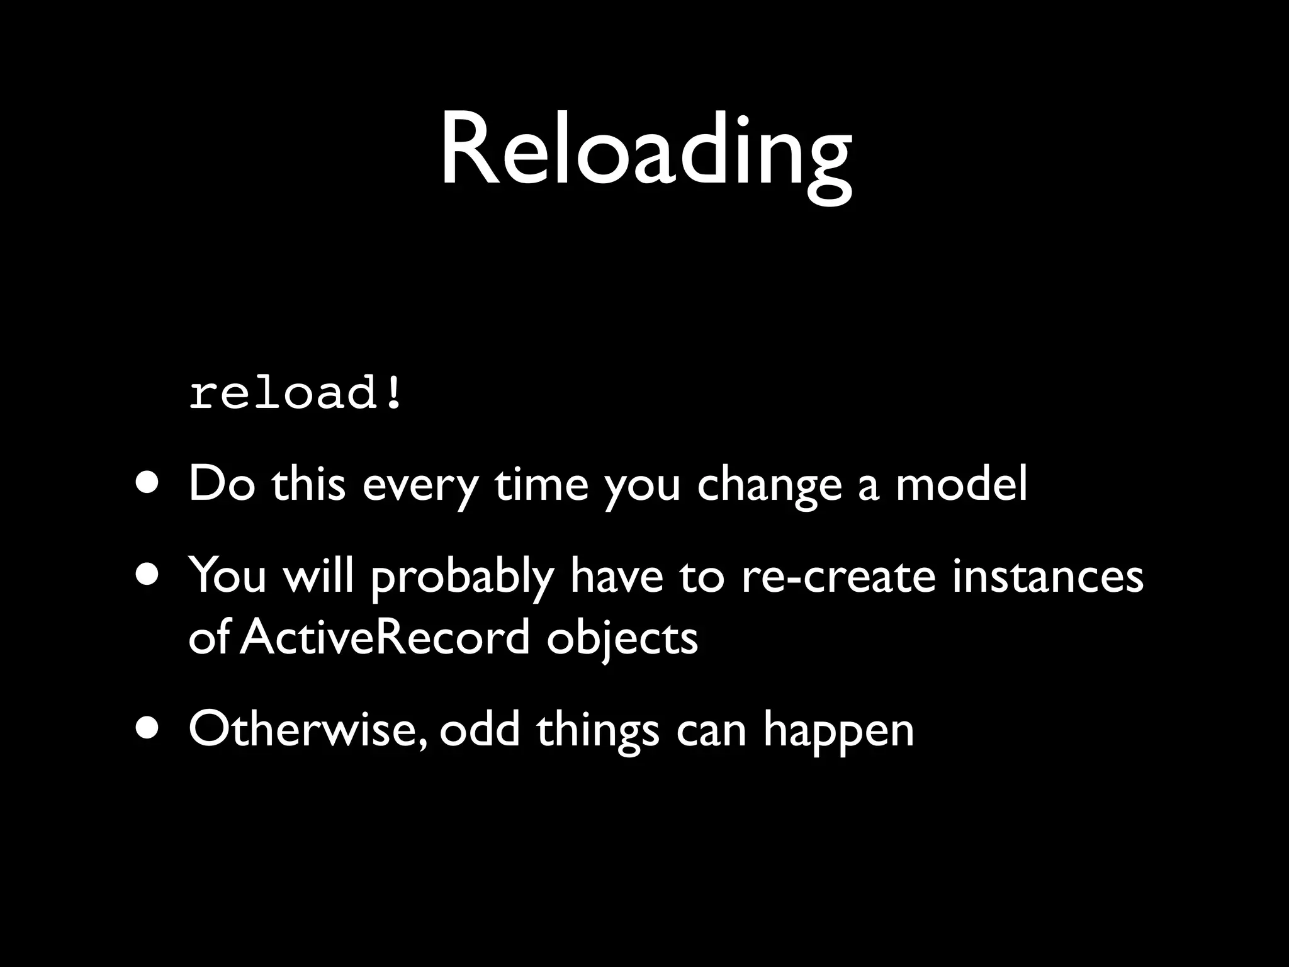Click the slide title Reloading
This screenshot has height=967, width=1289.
click(x=645, y=154)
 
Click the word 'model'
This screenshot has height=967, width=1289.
click(x=961, y=484)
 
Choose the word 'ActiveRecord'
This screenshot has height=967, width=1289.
click(x=385, y=637)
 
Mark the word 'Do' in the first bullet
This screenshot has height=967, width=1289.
click(x=222, y=484)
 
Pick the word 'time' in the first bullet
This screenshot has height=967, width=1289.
click(x=541, y=484)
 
